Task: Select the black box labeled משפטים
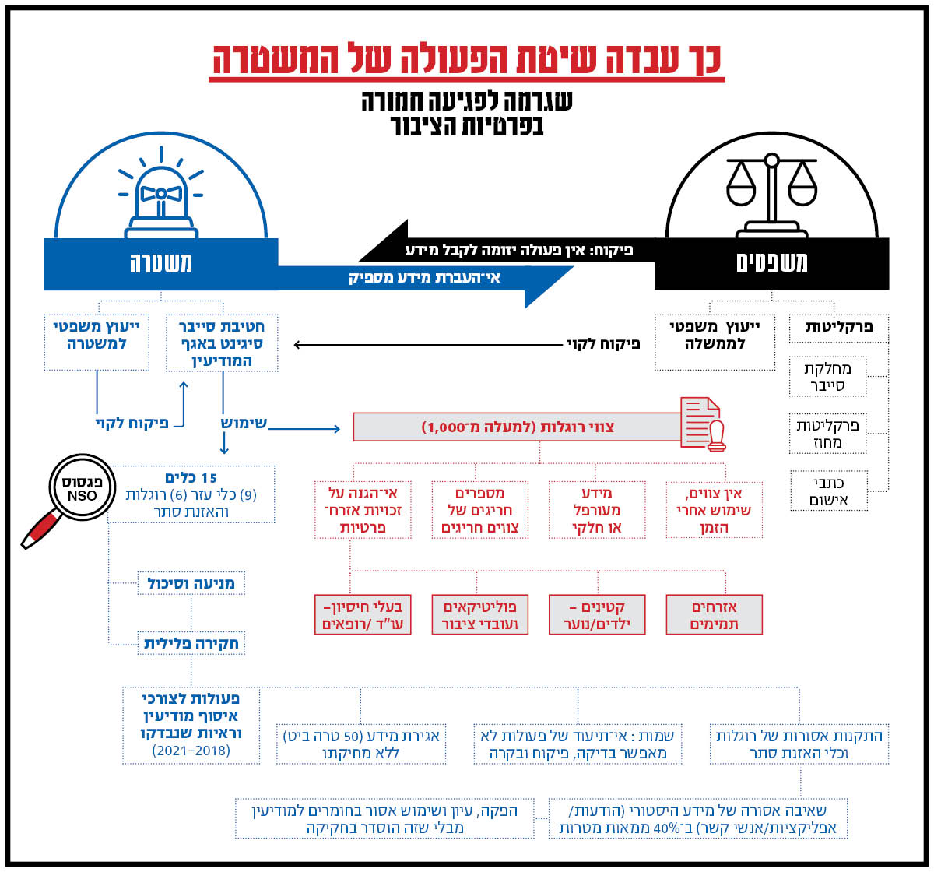pyautogui.click(x=771, y=263)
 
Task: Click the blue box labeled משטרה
pyautogui.click(x=160, y=263)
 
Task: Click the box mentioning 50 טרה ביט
pyautogui.click(x=362, y=744)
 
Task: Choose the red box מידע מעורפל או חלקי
pyautogui.click(x=597, y=510)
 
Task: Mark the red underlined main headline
pyautogui.click(x=467, y=61)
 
